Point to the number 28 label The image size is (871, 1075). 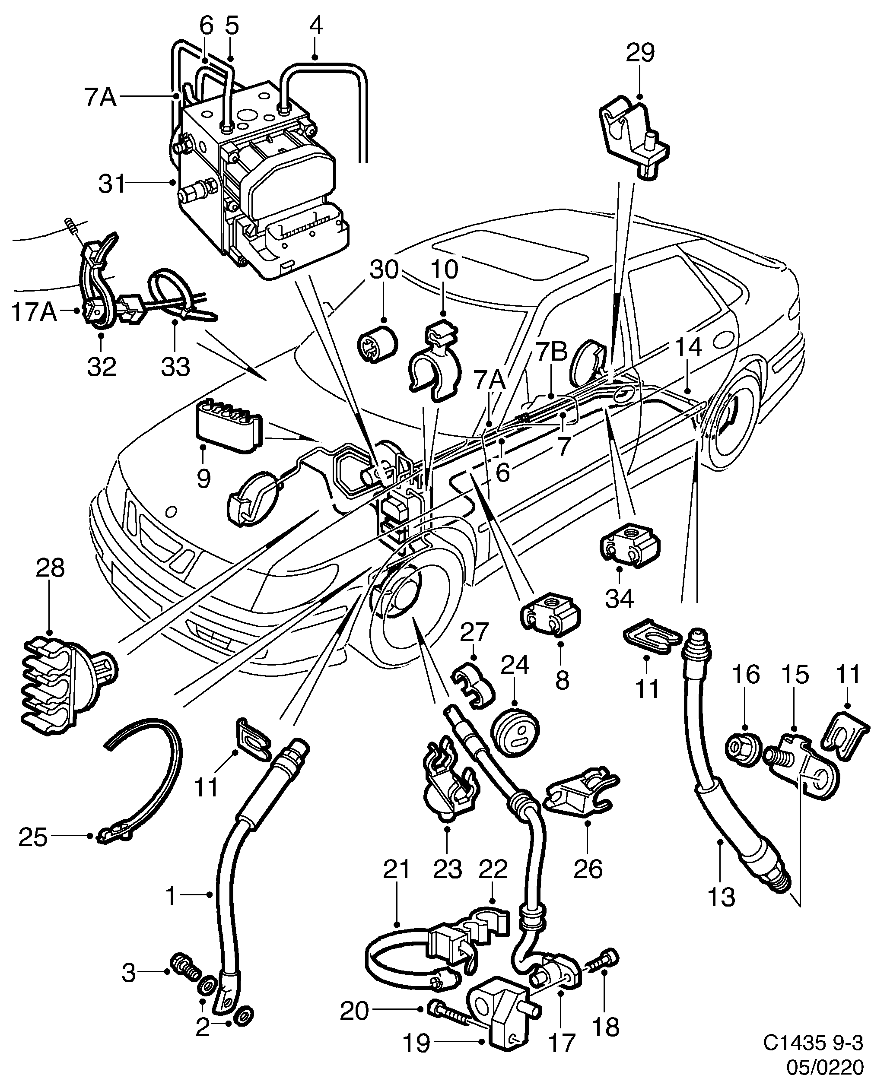(x=50, y=568)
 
